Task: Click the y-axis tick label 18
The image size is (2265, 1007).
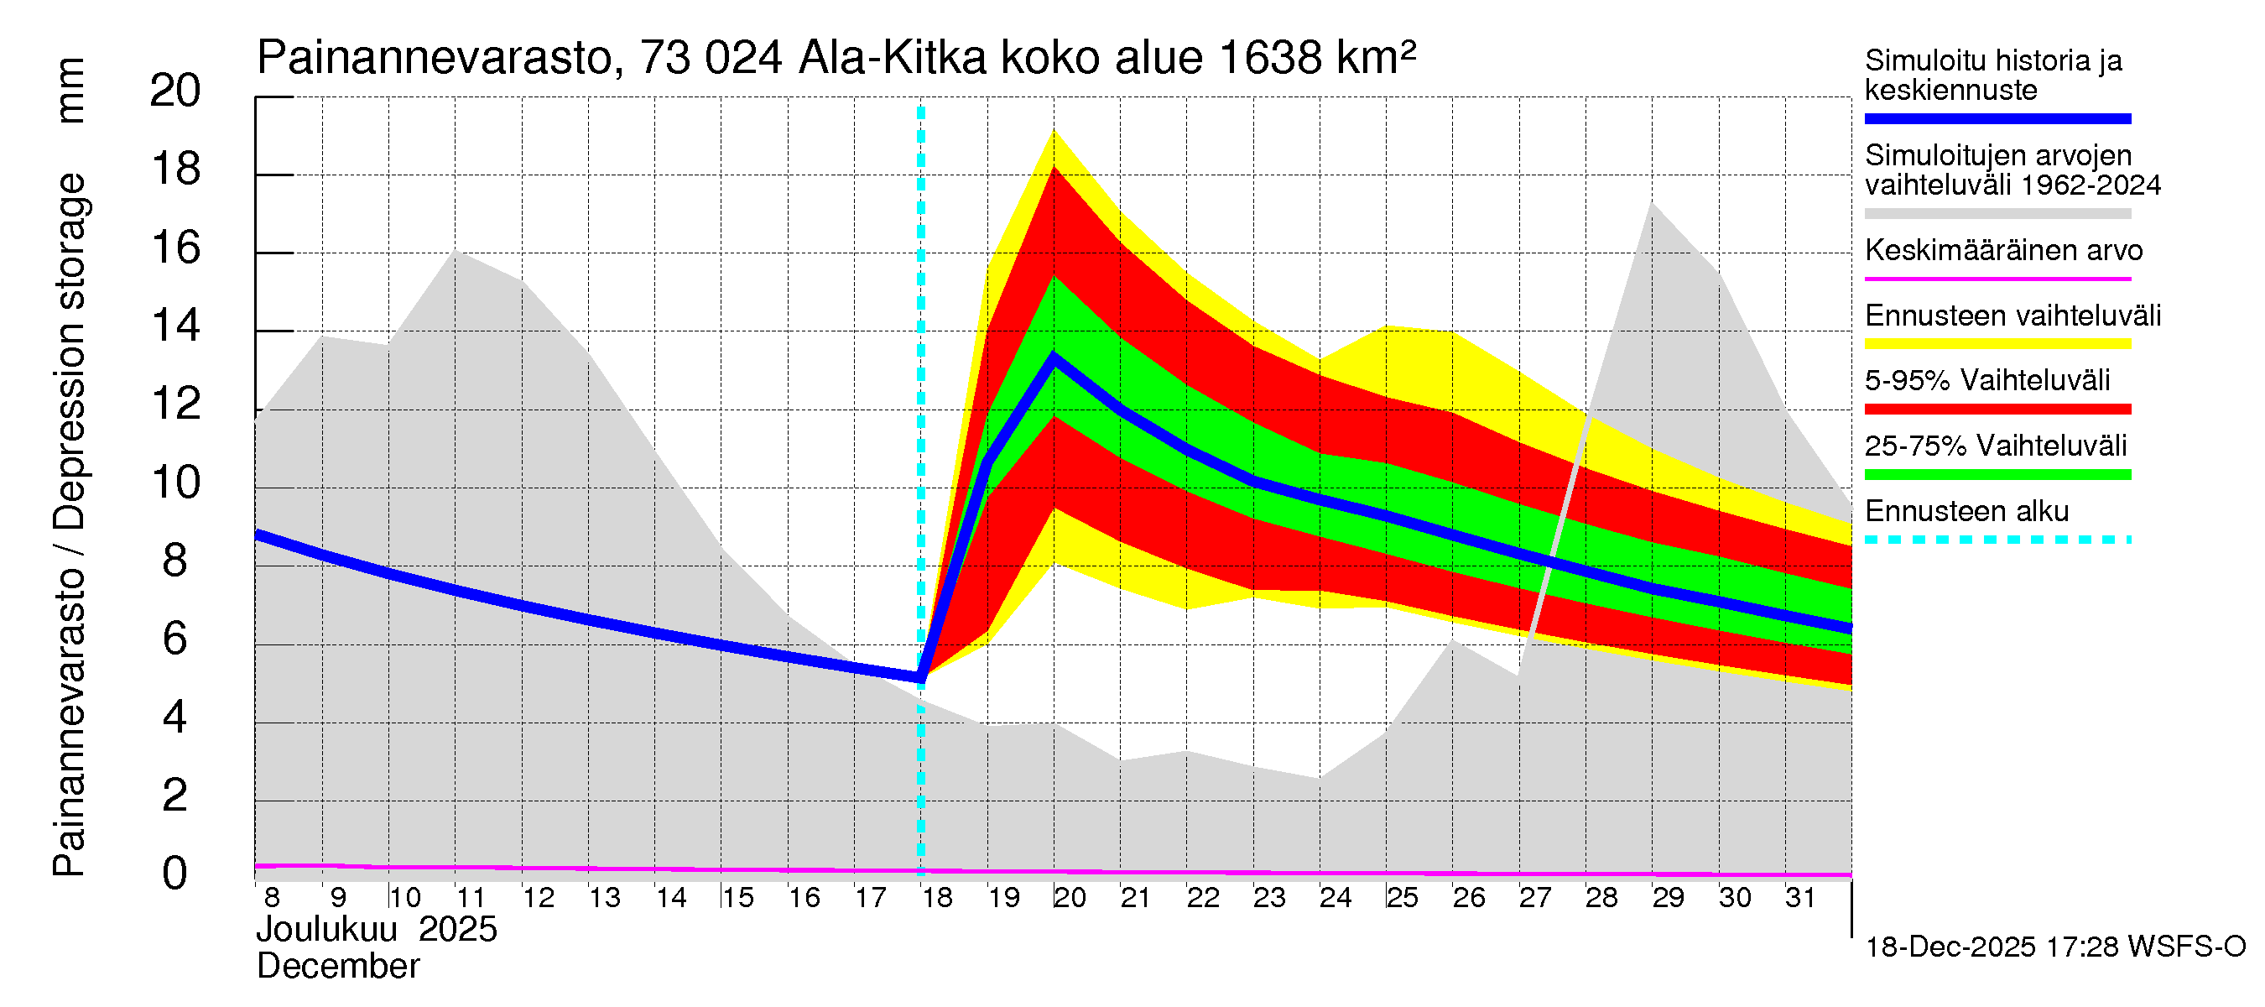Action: click(x=176, y=169)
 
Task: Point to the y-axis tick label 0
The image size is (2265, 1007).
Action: click(x=175, y=874)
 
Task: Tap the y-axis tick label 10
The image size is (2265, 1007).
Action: click(x=176, y=482)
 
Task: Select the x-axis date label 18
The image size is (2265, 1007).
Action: click(x=937, y=897)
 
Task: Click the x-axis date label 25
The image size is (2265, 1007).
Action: click(x=1402, y=897)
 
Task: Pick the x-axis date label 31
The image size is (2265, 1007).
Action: click(x=1800, y=897)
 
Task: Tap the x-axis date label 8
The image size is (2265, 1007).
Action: click(x=272, y=897)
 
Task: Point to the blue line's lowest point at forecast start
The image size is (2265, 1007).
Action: click(x=920, y=677)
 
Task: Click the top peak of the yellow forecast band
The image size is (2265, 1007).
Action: click(x=1054, y=132)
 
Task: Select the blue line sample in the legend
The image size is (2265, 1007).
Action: click(x=1997, y=118)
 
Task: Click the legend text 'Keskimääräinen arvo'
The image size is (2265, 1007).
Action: click(x=2003, y=251)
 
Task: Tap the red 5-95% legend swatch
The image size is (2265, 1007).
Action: click(x=1997, y=409)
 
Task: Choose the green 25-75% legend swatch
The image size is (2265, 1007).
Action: click(x=1997, y=475)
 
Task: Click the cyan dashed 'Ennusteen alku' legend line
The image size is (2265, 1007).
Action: click(x=1997, y=539)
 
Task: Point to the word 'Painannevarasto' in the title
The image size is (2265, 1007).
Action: click(x=435, y=59)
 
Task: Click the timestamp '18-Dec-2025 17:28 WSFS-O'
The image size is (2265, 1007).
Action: click(x=2054, y=947)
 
